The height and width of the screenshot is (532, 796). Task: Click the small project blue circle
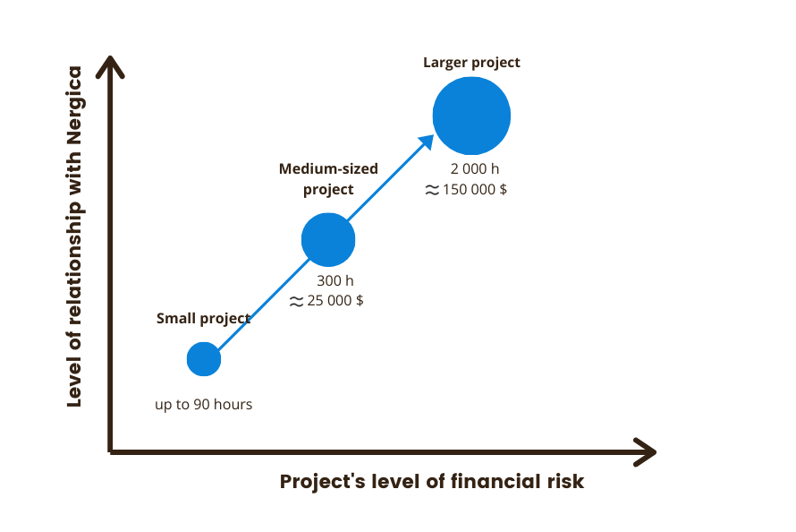pyautogui.click(x=204, y=359)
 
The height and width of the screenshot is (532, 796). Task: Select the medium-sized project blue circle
pyautogui.click(x=328, y=240)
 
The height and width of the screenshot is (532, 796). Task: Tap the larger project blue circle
pyautogui.click(x=471, y=116)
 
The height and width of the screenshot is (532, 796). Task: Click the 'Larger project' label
pyautogui.click(x=471, y=63)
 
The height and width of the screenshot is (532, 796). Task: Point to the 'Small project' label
pyautogui.click(x=204, y=319)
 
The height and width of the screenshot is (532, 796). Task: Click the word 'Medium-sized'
pyautogui.click(x=328, y=168)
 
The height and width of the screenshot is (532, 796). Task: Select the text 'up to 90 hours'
pyautogui.click(x=204, y=405)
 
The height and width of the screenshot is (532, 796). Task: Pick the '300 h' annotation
pyautogui.click(x=335, y=280)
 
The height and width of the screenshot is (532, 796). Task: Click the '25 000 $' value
pyautogui.click(x=335, y=301)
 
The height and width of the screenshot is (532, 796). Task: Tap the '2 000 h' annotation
pyautogui.click(x=475, y=168)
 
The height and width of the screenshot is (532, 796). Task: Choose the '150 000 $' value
pyautogui.click(x=475, y=190)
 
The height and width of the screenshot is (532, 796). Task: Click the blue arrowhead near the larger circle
pyautogui.click(x=427, y=142)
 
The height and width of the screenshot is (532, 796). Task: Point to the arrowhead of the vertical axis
pyautogui.click(x=110, y=67)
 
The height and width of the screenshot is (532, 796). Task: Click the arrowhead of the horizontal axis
pyautogui.click(x=645, y=451)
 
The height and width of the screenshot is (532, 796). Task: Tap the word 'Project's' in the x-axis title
pyautogui.click(x=322, y=482)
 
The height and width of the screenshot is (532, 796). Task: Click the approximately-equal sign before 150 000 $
pyautogui.click(x=432, y=190)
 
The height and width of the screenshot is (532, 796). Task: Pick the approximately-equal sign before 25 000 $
pyautogui.click(x=296, y=302)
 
